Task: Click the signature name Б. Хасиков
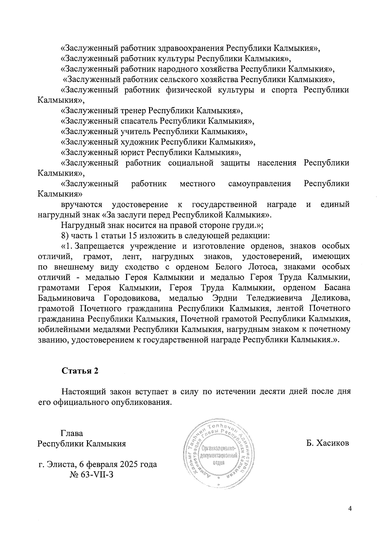[x=327, y=443]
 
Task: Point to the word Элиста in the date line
[x=62, y=464]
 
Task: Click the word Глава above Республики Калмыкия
[x=72, y=434]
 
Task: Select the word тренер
[x=133, y=111]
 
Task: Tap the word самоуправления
[x=260, y=184]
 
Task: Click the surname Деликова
[x=330, y=298]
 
